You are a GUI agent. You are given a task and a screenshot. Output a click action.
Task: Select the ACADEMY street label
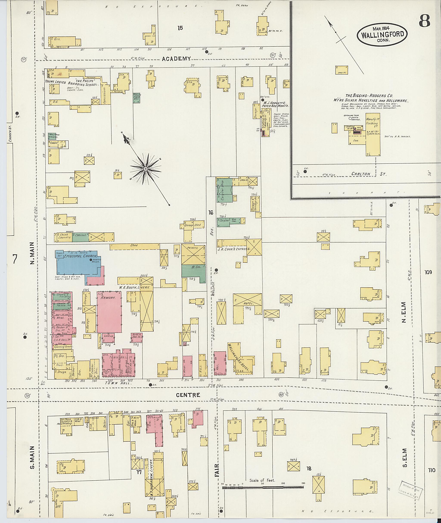[176, 59]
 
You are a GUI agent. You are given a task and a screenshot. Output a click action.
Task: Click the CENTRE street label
[191, 395]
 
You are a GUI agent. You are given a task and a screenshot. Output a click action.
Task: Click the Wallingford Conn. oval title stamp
[382, 35]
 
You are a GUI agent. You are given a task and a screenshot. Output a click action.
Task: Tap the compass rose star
[146, 169]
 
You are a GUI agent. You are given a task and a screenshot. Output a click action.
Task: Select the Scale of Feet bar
[262, 487]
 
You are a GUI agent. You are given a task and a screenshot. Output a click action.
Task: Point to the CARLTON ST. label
[368, 174]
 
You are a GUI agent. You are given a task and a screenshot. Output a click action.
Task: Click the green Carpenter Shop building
[224, 191]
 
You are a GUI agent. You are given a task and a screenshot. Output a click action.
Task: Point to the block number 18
[309, 469]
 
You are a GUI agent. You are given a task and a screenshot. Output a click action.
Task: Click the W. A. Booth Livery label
[134, 287]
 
